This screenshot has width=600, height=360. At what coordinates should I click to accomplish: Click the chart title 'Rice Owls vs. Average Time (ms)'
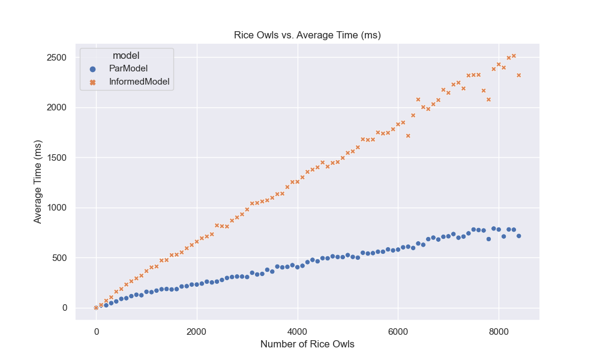pos(307,35)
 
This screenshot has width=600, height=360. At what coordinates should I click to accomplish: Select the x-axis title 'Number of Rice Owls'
pos(307,344)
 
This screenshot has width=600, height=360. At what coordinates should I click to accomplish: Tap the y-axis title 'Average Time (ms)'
pos(38,182)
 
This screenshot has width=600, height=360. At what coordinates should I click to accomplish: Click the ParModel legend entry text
pos(124,68)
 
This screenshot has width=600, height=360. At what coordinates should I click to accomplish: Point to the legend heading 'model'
pos(126,56)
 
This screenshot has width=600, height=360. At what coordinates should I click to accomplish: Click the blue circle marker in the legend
pos(92,68)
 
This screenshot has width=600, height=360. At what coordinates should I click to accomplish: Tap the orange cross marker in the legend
pos(92,82)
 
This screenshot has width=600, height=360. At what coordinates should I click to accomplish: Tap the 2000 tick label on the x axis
pos(196,331)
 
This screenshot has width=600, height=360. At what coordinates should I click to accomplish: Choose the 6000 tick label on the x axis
pos(398,331)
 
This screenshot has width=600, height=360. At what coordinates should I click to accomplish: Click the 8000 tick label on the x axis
pos(498,331)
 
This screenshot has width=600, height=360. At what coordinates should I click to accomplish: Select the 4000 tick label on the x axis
pos(297,331)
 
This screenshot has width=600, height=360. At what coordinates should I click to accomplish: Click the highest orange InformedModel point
pos(514,56)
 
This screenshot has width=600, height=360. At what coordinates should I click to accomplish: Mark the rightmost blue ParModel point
pos(518,236)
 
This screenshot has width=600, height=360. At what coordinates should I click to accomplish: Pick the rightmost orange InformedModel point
pos(518,75)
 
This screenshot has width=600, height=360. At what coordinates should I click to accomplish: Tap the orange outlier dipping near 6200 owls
pos(408,136)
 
